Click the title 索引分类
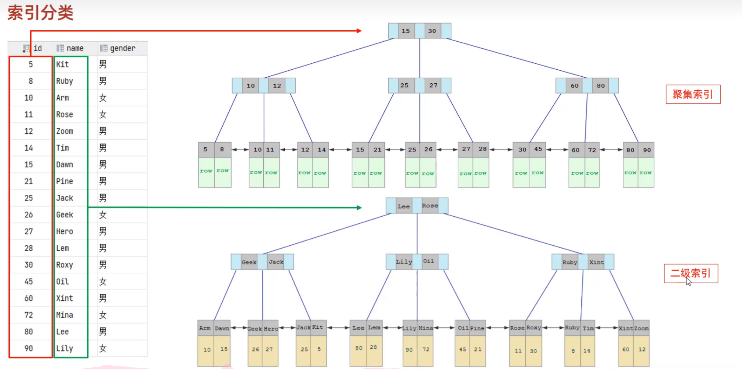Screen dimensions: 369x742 coord(40,13)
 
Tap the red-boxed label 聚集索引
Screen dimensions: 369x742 coord(693,94)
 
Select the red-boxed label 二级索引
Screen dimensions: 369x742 coord(690,273)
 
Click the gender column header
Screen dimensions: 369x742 coord(122,48)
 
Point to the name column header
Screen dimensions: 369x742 coord(75,48)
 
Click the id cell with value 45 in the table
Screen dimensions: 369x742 coord(29,281)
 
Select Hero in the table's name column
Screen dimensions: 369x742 coord(65,231)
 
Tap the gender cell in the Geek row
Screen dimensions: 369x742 coord(103,215)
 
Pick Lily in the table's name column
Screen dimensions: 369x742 coord(65,348)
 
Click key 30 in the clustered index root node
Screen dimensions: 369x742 coord(432,31)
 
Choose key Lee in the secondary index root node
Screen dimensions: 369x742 coord(403,206)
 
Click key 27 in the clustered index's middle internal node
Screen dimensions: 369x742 coord(433,85)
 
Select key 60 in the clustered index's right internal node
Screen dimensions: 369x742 coord(574,86)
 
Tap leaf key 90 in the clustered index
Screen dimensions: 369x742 coord(647,150)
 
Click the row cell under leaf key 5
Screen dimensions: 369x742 coord(206,172)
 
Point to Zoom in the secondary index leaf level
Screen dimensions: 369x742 coord(641,328)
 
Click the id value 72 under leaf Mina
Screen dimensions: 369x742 coord(426,349)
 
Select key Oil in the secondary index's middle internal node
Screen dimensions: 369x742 coord(428,261)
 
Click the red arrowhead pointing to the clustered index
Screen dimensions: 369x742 coord(359,31)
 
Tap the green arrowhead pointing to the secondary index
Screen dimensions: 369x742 coord(359,208)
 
